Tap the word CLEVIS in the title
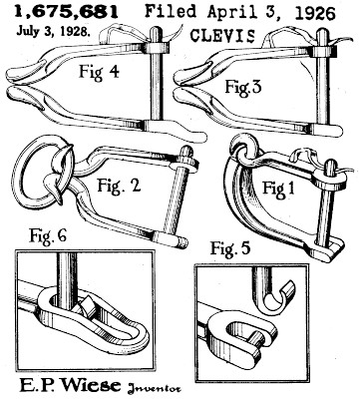pos(223,36)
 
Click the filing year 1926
pos(314,13)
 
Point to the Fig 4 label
pos(99,72)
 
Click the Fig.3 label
pos(243,87)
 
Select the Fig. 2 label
pos(119,185)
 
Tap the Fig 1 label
pos(278,189)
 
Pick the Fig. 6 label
pos(48,235)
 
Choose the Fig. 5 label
pos(230,247)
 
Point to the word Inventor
pos(154,388)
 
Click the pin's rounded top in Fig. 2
pos(185,153)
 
